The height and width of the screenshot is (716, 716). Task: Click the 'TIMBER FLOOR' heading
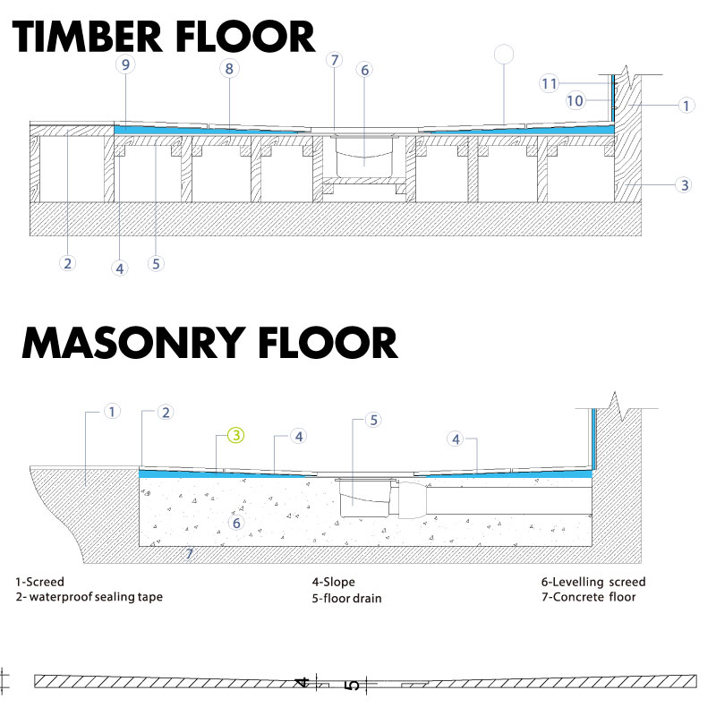(x=164, y=37)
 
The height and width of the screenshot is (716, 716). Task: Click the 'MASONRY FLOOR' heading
(x=209, y=343)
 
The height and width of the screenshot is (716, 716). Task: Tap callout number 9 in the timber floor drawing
(x=125, y=64)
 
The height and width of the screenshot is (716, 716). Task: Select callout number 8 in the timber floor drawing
(x=229, y=69)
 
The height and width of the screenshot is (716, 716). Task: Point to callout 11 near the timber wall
(x=549, y=83)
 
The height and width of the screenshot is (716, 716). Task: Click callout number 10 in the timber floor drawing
(x=575, y=100)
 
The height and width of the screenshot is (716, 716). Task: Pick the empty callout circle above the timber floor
(x=504, y=55)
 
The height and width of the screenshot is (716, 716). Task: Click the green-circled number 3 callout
(x=236, y=435)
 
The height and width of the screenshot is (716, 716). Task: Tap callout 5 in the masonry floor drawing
(x=373, y=420)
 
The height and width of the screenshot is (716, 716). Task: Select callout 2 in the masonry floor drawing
(x=166, y=413)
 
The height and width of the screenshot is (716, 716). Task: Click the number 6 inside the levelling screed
(x=236, y=523)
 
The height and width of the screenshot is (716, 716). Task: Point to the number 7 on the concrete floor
(x=189, y=554)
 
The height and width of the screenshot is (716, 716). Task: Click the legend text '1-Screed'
(x=39, y=582)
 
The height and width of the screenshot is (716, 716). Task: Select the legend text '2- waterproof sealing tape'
(x=89, y=597)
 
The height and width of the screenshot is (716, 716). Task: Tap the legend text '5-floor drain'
(x=346, y=598)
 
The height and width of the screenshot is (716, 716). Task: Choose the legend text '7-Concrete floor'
(x=589, y=597)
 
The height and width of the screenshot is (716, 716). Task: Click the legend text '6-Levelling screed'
(x=593, y=582)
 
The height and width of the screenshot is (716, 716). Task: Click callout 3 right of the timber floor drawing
(x=684, y=185)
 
